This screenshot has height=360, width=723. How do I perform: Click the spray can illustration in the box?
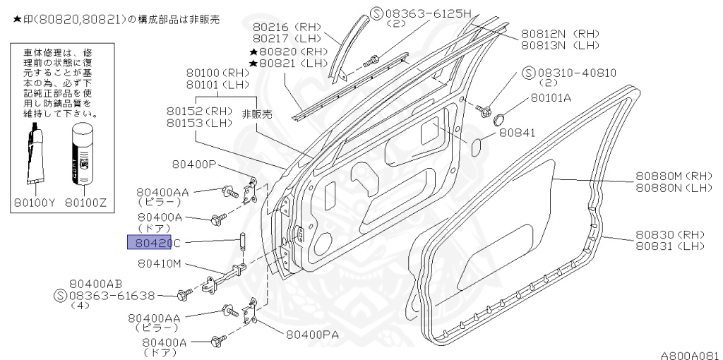85,153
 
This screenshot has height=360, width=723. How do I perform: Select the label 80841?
518,132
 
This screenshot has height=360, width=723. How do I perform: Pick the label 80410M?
160,264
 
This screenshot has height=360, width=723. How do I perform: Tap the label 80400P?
193,164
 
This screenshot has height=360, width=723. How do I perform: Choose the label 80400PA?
315,334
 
